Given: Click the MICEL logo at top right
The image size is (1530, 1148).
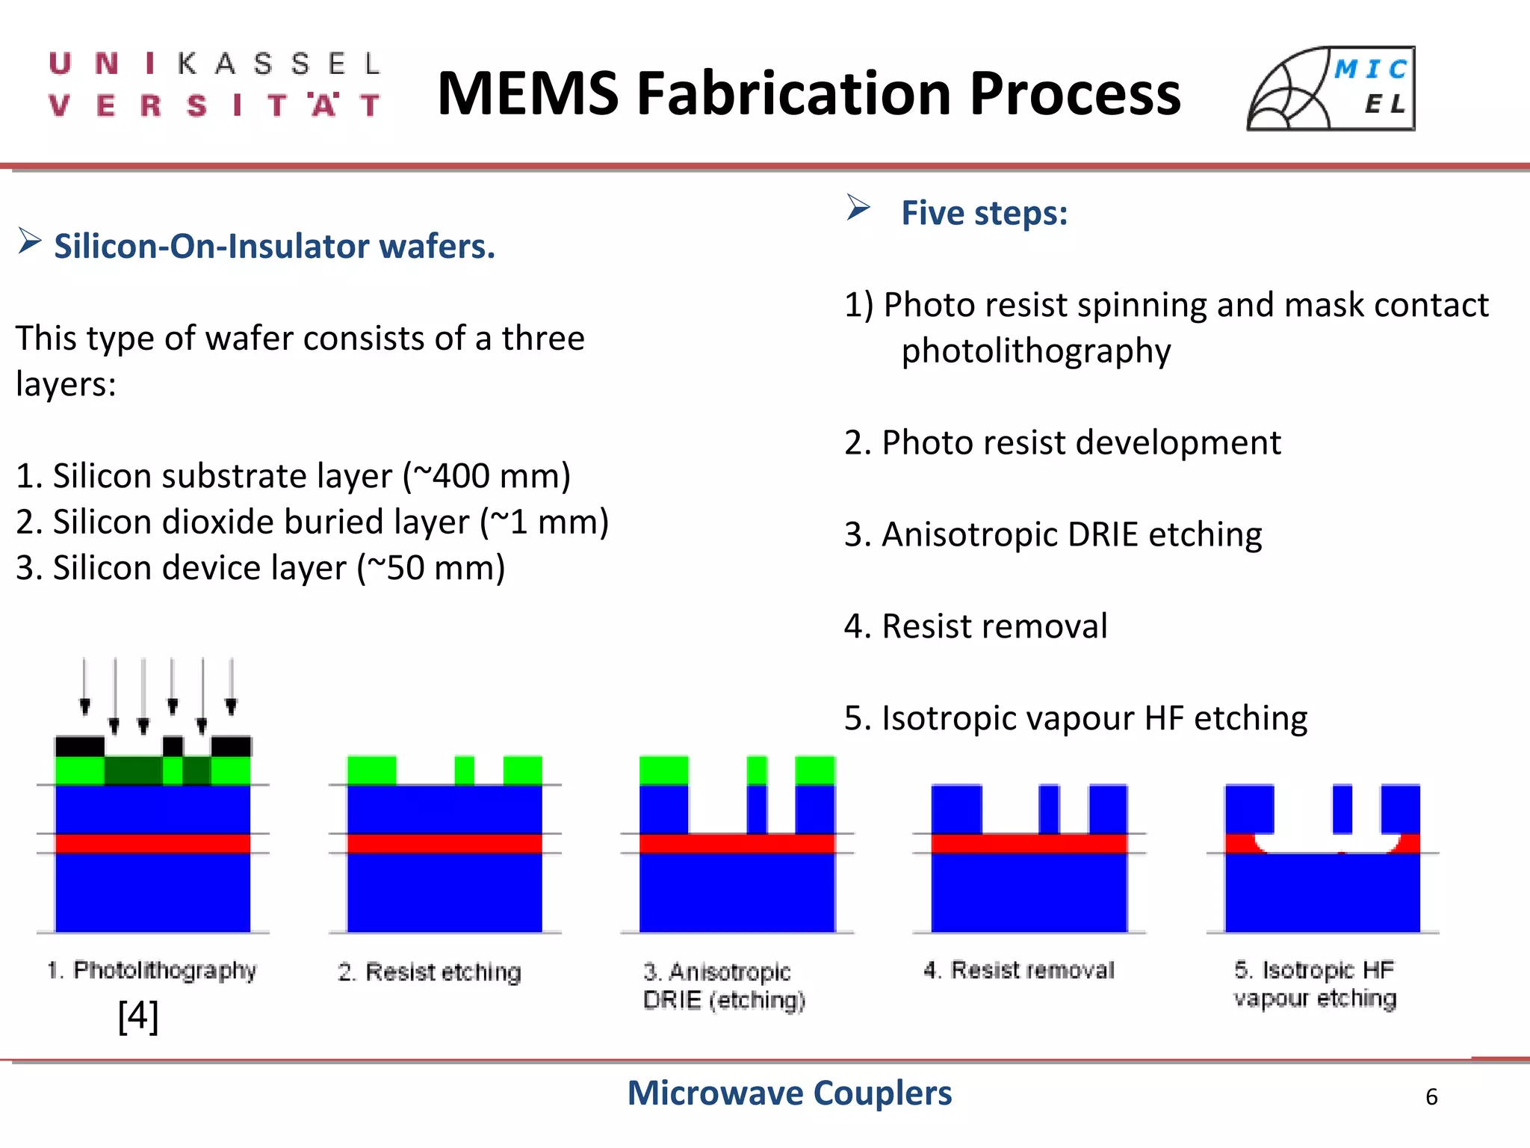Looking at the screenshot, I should click(1331, 89).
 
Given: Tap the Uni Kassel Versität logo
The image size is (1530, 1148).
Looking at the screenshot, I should click(215, 84).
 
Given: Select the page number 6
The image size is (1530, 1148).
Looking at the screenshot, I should click(1431, 1096).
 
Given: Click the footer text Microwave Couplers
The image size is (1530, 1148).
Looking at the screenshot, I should click(789, 1093).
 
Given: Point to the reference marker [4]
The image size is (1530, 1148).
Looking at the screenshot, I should click(138, 1016).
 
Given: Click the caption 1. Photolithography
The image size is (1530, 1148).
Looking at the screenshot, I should click(152, 970).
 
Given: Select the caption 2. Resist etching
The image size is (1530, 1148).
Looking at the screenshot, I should click(430, 972).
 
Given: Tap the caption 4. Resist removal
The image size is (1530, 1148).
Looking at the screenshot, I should click(1019, 970).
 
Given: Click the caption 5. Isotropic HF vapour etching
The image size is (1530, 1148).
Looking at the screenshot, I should click(1315, 984).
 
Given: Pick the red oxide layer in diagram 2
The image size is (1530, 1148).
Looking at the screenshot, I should click(445, 843).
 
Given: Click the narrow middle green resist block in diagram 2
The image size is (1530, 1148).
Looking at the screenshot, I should click(464, 770).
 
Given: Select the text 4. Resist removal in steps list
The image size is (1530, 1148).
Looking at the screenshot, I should click(976, 626).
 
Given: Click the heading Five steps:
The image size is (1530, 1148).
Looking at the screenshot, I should click(985, 213).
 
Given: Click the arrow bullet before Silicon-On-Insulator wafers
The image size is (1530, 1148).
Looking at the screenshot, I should click(29, 241).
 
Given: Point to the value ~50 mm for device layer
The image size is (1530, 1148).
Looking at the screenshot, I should click(431, 568).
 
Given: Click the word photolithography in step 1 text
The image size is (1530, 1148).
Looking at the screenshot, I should click(1036, 351).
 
